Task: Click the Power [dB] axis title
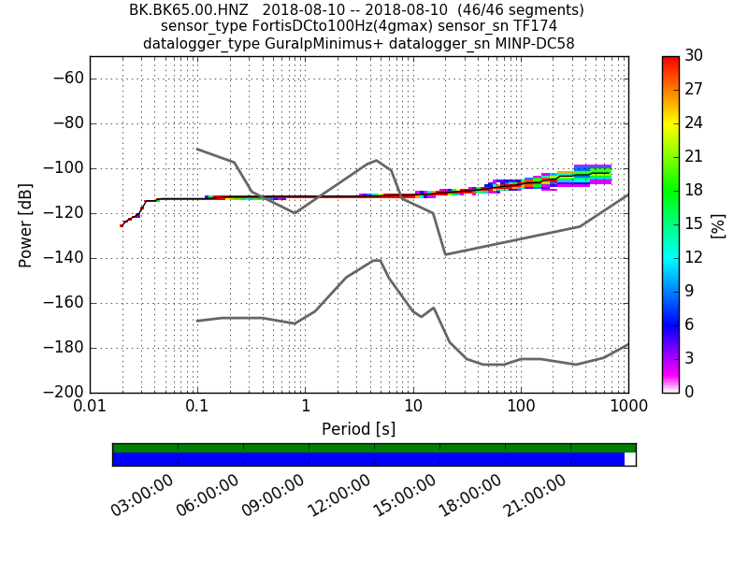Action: coord(25,224)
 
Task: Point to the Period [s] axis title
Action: coord(358,429)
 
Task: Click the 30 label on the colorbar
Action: coord(695,56)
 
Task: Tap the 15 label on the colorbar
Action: coord(695,223)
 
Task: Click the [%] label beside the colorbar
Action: coord(718,224)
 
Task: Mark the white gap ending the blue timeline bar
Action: coord(629,459)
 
